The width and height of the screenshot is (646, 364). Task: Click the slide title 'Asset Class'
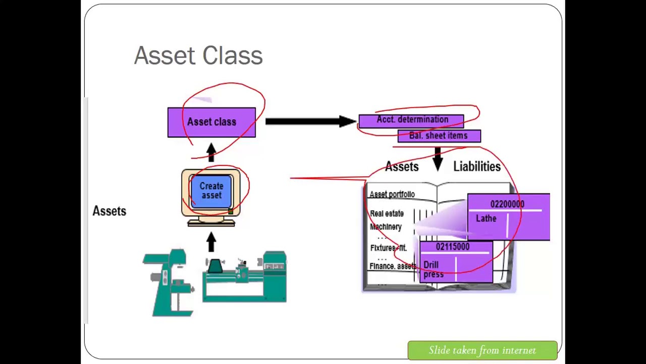[198, 56]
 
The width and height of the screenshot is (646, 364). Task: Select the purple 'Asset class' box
[211, 122]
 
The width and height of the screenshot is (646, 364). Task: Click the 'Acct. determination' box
[412, 120]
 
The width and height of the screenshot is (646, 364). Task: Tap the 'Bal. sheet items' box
[439, 135]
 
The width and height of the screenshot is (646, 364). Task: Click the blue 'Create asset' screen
[211, 191]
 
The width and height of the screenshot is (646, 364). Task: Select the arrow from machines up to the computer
[211, 242]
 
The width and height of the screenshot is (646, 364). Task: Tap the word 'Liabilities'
[476, 166]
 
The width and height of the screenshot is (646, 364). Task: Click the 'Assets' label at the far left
[109, 211]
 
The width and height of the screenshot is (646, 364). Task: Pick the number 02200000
[507, 204]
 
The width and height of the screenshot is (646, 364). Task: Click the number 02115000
[453, 247]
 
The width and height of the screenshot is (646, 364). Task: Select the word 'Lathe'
[486, 218]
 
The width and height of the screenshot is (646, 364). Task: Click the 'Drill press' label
[433, 269]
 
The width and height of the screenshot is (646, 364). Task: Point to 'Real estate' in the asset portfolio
[387, 214]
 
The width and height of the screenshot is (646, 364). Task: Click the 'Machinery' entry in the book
[386, 227]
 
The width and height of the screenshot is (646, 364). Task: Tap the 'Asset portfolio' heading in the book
[392, 195]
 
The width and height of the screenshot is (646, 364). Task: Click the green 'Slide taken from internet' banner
[482, 350]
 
